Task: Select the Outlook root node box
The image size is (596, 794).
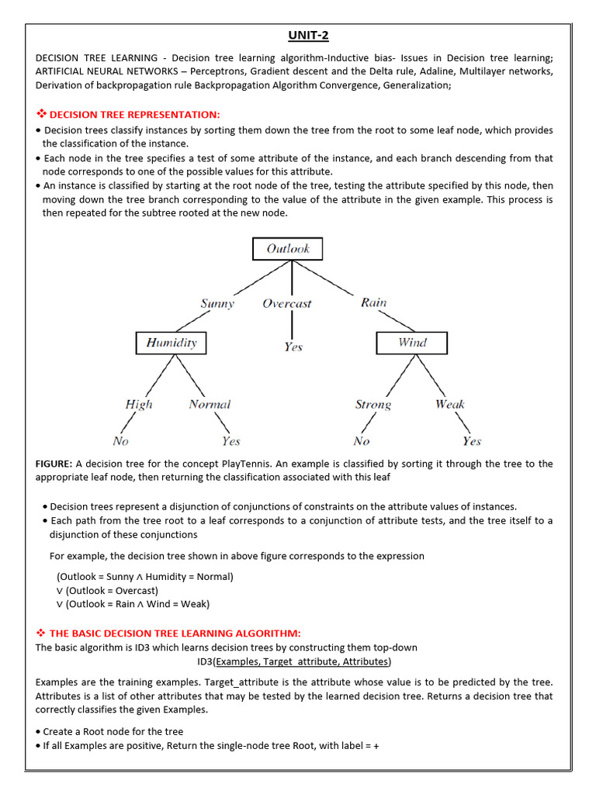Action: point(287,249)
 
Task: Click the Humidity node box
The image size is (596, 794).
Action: point(172,342)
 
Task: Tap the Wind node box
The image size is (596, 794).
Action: point(412,342)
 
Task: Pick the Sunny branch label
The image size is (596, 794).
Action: point(217,303)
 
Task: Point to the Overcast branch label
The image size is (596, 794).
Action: point(287,303)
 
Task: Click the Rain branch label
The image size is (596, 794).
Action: point(373,302)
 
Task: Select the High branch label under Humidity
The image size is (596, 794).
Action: point(139,404)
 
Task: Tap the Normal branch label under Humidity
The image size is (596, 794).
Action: point(210,404)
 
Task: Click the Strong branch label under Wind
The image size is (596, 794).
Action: point(373,404)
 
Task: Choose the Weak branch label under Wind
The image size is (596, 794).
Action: point(450,404)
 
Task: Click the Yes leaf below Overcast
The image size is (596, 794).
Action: point(293,347)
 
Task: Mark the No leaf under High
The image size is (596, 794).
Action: point(120,441)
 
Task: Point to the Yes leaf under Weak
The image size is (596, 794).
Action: point(472,441)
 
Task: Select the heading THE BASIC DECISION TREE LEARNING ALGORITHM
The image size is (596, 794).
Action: point(175,633)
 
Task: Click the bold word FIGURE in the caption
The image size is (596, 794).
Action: point(54,464)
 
